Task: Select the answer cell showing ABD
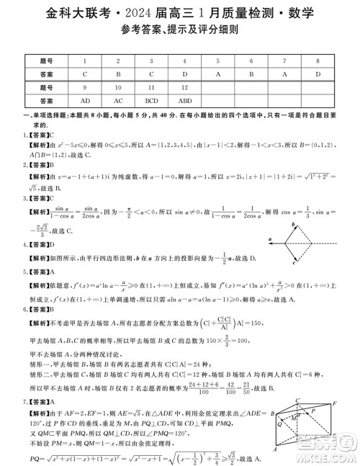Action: tap(185, 101)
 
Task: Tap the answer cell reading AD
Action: tap(85, 101)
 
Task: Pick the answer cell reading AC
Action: tap(118, 101)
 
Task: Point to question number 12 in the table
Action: tap(185, 87)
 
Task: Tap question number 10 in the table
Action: tap(118, 87)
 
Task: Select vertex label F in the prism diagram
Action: tap(334, 404)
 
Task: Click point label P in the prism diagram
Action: tap(312, 411)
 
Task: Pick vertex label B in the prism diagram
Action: tap(272, 414)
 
